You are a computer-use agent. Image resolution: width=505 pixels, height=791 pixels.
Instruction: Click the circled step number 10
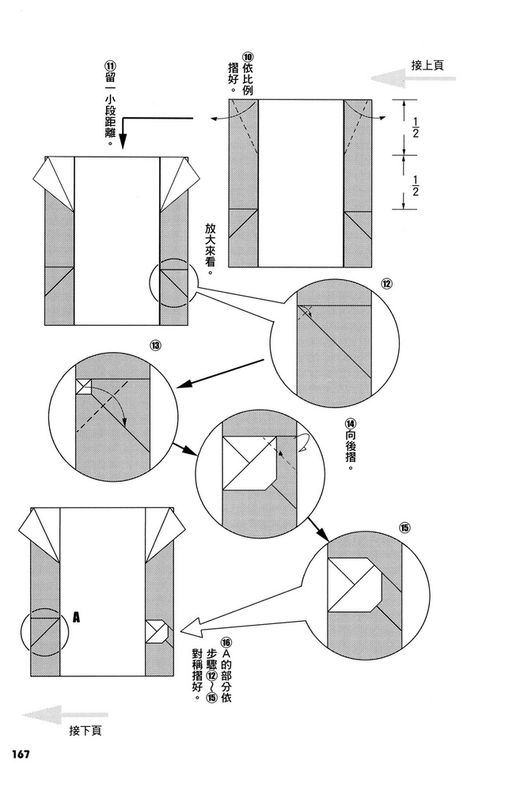pyautogui.click(x=248, y=58)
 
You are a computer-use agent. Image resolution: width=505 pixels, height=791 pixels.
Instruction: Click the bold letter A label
pyautogui.click(x=76, y=615)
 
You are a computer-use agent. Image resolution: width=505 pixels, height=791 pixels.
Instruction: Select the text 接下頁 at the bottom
pyautogui.click(x=85, y=730)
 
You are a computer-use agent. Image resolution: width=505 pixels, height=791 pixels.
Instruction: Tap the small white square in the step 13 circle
pyautogui.click(x=84, y=386)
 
